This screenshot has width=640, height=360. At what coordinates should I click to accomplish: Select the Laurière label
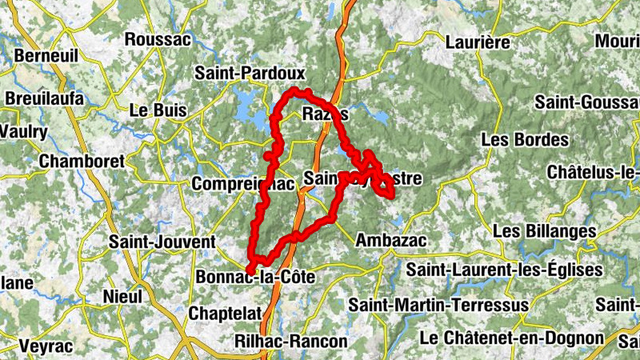[478, 42]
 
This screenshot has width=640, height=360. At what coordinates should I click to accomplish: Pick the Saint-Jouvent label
[162, 241]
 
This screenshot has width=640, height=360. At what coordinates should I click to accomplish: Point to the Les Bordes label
[525, 139]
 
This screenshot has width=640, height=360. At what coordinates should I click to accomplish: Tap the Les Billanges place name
[545, 230]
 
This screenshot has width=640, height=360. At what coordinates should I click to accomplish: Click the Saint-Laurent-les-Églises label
[504, 270]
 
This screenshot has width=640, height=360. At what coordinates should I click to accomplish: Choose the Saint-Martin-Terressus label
[438, 305]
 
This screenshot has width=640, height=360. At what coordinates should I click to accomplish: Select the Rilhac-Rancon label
[291, 342]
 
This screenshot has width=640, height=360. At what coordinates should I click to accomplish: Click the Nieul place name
[122, 297]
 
